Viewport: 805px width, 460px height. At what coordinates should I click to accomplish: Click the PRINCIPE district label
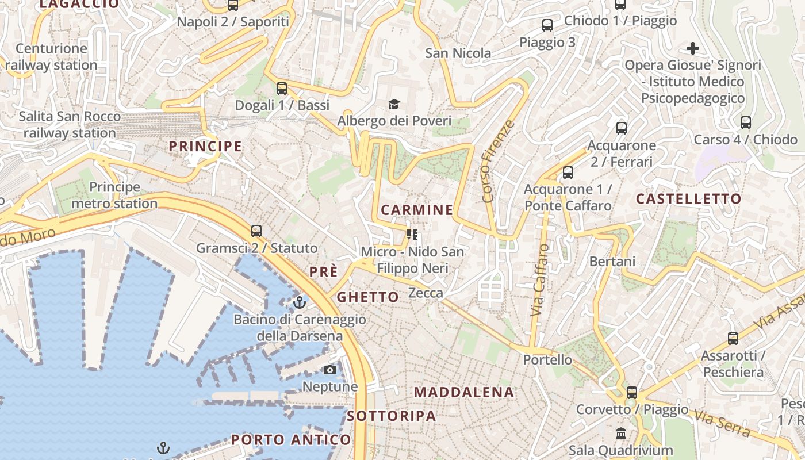pos(205,146)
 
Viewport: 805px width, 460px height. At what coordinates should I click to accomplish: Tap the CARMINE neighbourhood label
pos(417,210)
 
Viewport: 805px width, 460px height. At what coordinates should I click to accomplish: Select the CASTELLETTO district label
pos(688,199)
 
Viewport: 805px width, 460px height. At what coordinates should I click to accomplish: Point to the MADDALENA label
pos(464,392)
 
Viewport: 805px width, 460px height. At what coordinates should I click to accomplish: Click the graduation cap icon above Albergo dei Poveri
pos(394,104)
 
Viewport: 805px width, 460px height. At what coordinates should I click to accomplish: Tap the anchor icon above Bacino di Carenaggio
pos(299,302)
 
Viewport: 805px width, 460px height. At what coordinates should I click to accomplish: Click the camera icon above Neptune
pos(330,370)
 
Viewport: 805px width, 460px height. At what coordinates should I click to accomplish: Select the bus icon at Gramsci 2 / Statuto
pos(256,231)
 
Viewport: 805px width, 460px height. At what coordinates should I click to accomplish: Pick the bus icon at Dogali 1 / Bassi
pos(282,89)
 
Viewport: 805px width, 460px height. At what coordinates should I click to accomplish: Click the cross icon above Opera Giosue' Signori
pos(693,48)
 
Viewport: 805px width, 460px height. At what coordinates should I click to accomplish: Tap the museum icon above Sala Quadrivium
pos(621,433)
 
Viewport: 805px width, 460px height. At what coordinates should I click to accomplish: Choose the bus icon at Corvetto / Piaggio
pos(632,393)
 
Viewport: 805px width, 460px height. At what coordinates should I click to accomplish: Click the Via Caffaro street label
pos(539,280)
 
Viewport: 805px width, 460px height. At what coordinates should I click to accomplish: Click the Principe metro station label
pos(114,195)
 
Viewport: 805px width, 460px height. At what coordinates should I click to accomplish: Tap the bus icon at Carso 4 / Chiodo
pos(746,122)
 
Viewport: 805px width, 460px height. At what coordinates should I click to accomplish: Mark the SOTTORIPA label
pos(392,416)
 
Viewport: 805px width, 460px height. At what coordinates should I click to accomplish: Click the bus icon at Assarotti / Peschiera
pos(733,339)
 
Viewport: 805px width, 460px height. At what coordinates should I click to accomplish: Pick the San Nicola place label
pos(458,53)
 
